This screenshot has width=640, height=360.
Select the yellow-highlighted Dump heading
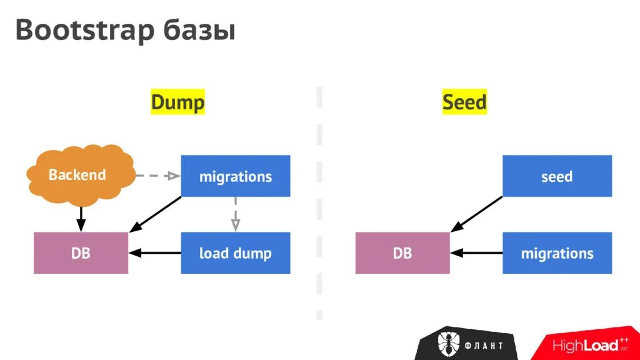pyautogui.click(x=177, y=102)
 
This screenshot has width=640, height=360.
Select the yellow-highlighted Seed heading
pyautogui.click(x=464, y=102)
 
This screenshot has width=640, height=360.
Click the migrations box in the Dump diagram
pyautogui.click(x=236, y=176)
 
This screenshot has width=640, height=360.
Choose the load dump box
pyautogui.click(x=236, y=253)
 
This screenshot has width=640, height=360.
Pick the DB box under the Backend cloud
pyautogui.click(x=81, y=253)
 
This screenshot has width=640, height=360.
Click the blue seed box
pyautogui.click(x=557, y=176)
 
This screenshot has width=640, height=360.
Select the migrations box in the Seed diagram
pyautogui.click(x=557, y=253)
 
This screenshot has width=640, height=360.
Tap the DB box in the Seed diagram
pyautogui.click(x=402, y=253)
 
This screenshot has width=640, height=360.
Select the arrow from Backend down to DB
pyautogui.click(x=80, y=219)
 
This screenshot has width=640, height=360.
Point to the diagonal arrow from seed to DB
pyautogui.click(x=476, y=214)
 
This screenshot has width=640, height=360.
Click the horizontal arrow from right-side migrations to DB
pyautogui.click(x=476, y=253)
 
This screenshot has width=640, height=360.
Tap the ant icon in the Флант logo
pyautogui.click(x=449, y=343)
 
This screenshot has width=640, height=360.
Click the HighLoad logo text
pyautogui.click(x=584, y=345)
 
